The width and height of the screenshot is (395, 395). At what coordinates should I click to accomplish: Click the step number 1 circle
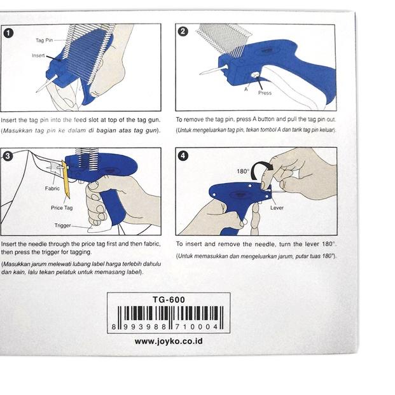coord(8,33)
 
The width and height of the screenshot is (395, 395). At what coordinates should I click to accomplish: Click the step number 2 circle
coord(183,32)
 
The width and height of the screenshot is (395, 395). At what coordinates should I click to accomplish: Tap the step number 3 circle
coord(8,156)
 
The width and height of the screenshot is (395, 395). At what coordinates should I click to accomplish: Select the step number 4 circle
coord(183,156)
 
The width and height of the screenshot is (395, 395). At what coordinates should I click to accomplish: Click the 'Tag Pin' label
coord(44,40)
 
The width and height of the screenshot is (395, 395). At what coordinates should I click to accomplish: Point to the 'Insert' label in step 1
coord(38,55)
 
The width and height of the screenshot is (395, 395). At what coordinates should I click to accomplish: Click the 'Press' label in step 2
coord(265,93)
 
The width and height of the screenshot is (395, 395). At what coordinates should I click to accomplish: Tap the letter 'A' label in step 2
coord(246,89)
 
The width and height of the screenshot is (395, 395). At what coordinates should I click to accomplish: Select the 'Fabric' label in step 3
coord(52,188)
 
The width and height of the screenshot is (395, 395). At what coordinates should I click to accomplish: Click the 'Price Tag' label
coord(62,208)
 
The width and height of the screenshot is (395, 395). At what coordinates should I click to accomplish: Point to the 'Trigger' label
coord(63,225)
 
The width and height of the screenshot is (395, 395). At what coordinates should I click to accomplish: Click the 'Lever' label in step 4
coord(277,208)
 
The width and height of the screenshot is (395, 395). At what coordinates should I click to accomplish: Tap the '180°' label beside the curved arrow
coord(243,171)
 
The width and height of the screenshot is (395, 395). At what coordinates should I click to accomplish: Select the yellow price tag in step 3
coord(66,179)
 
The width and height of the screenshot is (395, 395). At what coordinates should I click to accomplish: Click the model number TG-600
coord(169,300)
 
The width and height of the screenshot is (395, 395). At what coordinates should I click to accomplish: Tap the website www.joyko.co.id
coord(169,342)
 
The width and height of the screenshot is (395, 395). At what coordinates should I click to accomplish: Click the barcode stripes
coord(170,314)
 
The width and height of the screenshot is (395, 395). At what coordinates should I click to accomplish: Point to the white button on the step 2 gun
coord(255,74)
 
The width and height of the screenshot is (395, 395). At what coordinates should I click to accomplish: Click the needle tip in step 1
coord(37,92)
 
